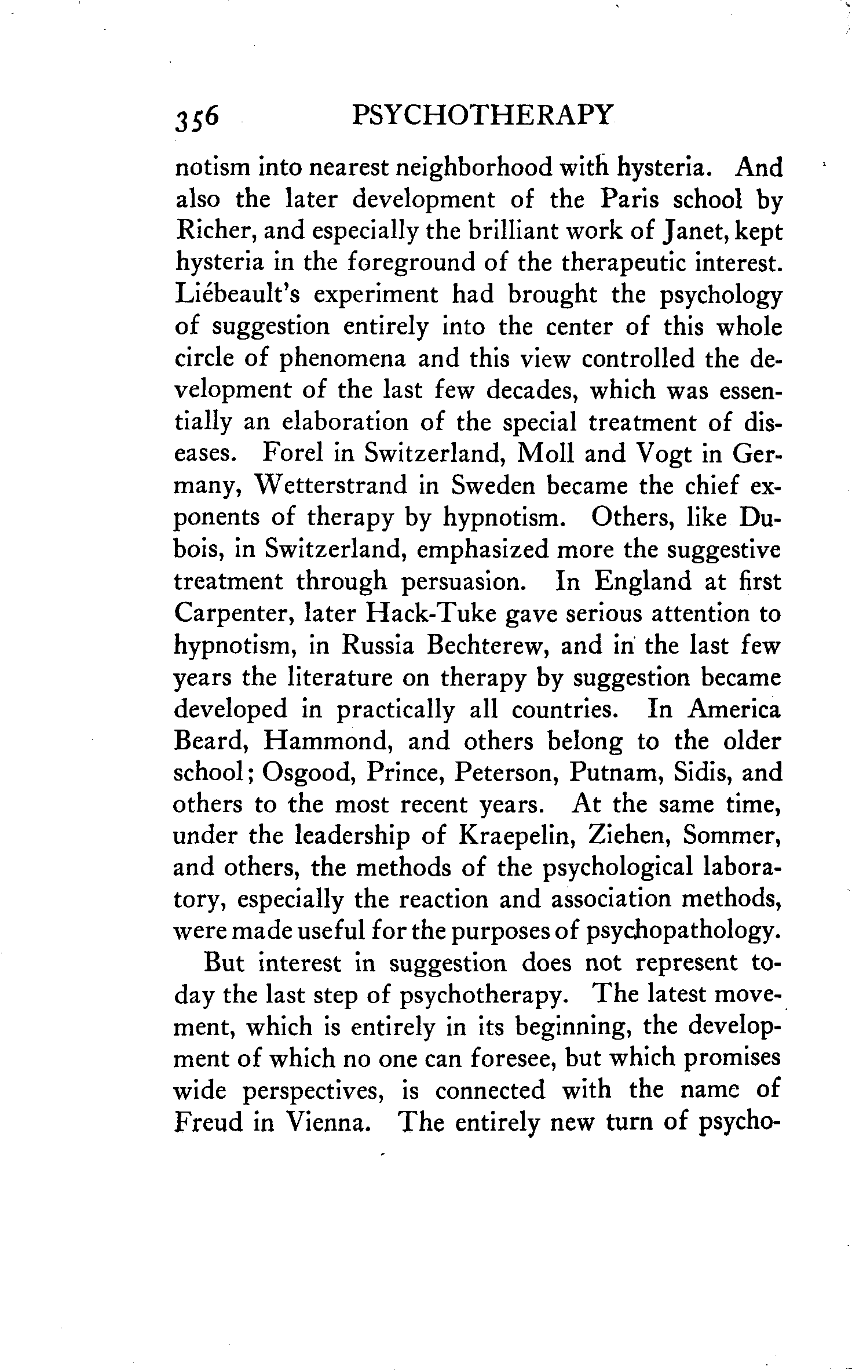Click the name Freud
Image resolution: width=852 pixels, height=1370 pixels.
208,1123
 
